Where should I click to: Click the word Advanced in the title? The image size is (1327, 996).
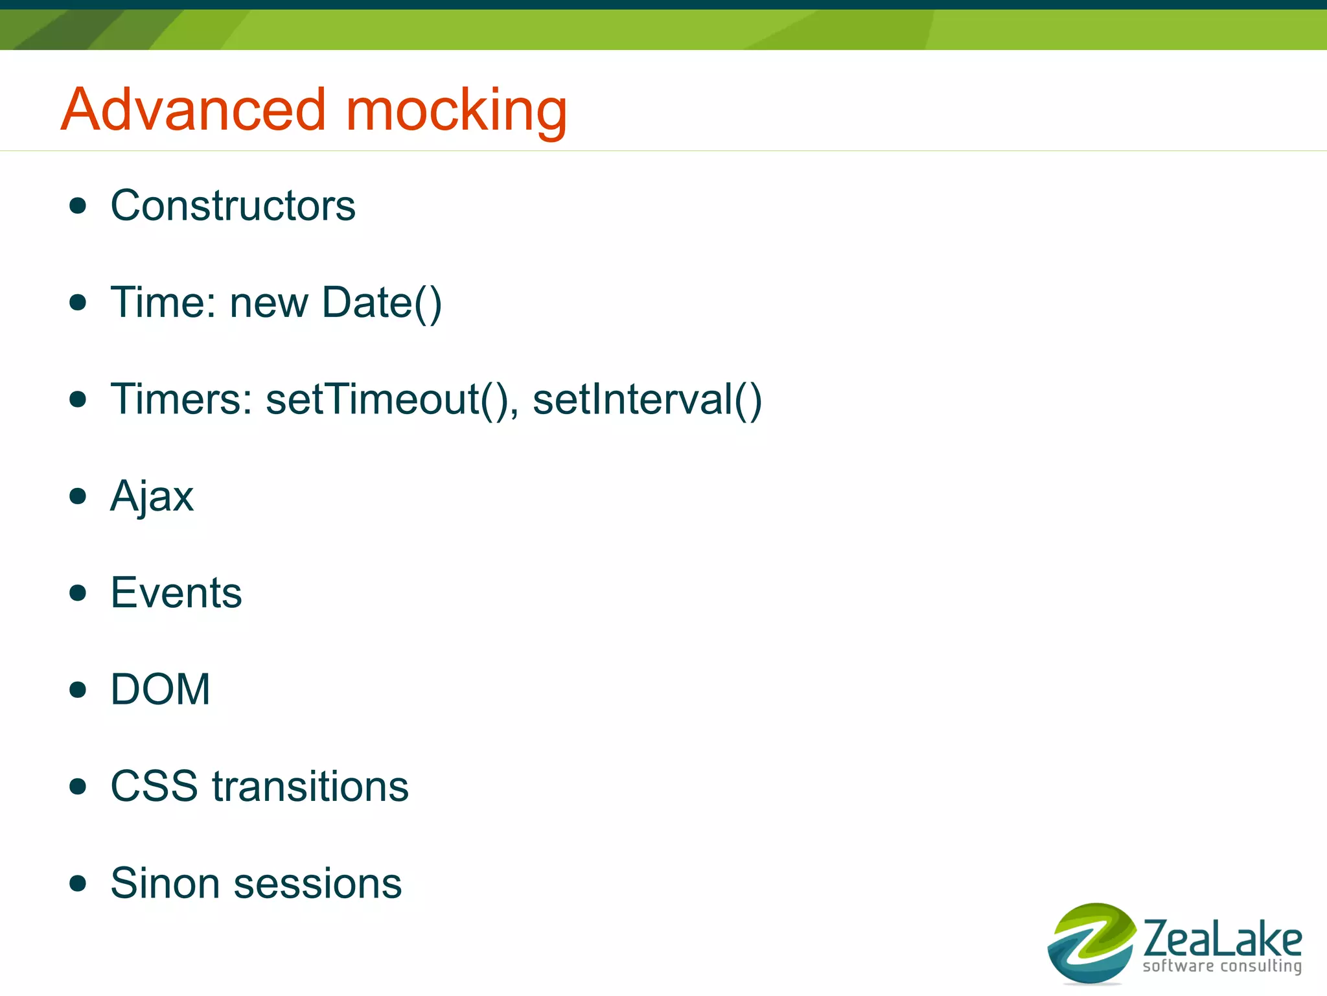tap(192, 110)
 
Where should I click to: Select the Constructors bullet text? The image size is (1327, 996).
tap(233, 206)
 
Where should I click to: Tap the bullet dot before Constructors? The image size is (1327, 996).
tap(78, 206)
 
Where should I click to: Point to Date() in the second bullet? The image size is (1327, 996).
tap(382, 303)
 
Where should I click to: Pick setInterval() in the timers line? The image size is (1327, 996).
tap(647, 399)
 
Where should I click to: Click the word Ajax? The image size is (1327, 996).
tap(152, 497)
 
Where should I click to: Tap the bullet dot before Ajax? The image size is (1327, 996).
tap(78, 496)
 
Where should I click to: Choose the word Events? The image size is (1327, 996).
tap(176, 593)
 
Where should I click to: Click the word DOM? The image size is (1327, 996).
tap(160, 689)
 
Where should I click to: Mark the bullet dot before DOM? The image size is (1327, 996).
tap(78, 689)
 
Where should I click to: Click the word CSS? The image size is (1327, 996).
tap(154, 787)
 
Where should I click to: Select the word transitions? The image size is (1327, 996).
tap(310, 787)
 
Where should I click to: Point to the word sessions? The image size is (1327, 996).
tap(317, 883)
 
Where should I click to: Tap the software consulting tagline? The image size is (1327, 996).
tap(1221, 966)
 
